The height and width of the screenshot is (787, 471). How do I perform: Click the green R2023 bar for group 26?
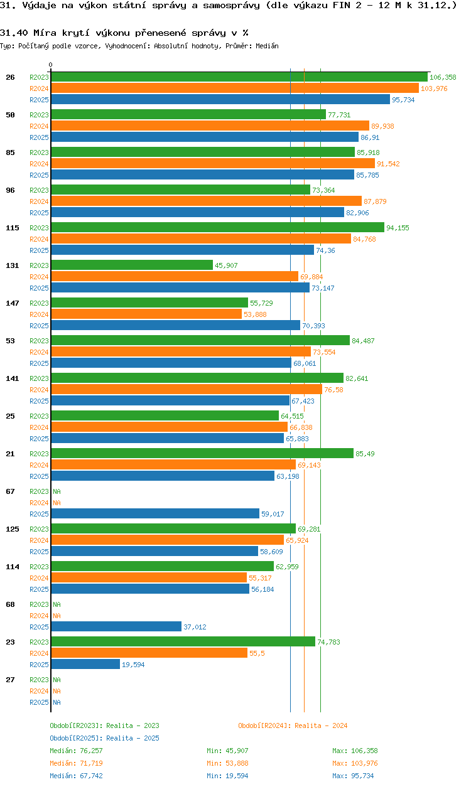[239, 77]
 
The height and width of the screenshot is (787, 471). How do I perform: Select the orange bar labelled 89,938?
[210, 126]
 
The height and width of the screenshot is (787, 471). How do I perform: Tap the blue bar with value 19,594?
[85, 665]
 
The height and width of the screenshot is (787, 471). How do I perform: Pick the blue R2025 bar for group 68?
[116, 627]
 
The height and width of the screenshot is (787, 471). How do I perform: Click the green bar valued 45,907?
[132, 265]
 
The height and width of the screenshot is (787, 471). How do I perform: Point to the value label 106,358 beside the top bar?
[443, 77]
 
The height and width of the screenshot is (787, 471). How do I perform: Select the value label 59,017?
[273, 514]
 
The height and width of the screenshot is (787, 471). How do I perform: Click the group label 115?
[13, 228]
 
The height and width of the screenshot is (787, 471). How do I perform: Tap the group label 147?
[13, 303]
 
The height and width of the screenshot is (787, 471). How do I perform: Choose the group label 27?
[11, 680]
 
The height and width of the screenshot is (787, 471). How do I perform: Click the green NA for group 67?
[57, 491]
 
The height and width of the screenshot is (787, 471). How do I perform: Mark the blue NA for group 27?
[57, 702]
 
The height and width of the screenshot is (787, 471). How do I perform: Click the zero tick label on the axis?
[51, 65]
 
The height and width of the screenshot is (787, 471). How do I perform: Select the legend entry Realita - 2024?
[293, 725]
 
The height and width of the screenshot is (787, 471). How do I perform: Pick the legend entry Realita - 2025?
[104, 738]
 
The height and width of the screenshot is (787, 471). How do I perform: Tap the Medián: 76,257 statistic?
[76, 751]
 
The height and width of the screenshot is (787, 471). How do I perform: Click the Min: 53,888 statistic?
[230, 763]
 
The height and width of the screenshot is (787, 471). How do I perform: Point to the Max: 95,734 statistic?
[355, 776]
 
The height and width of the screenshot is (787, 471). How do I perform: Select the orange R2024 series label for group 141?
[39, 390]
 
